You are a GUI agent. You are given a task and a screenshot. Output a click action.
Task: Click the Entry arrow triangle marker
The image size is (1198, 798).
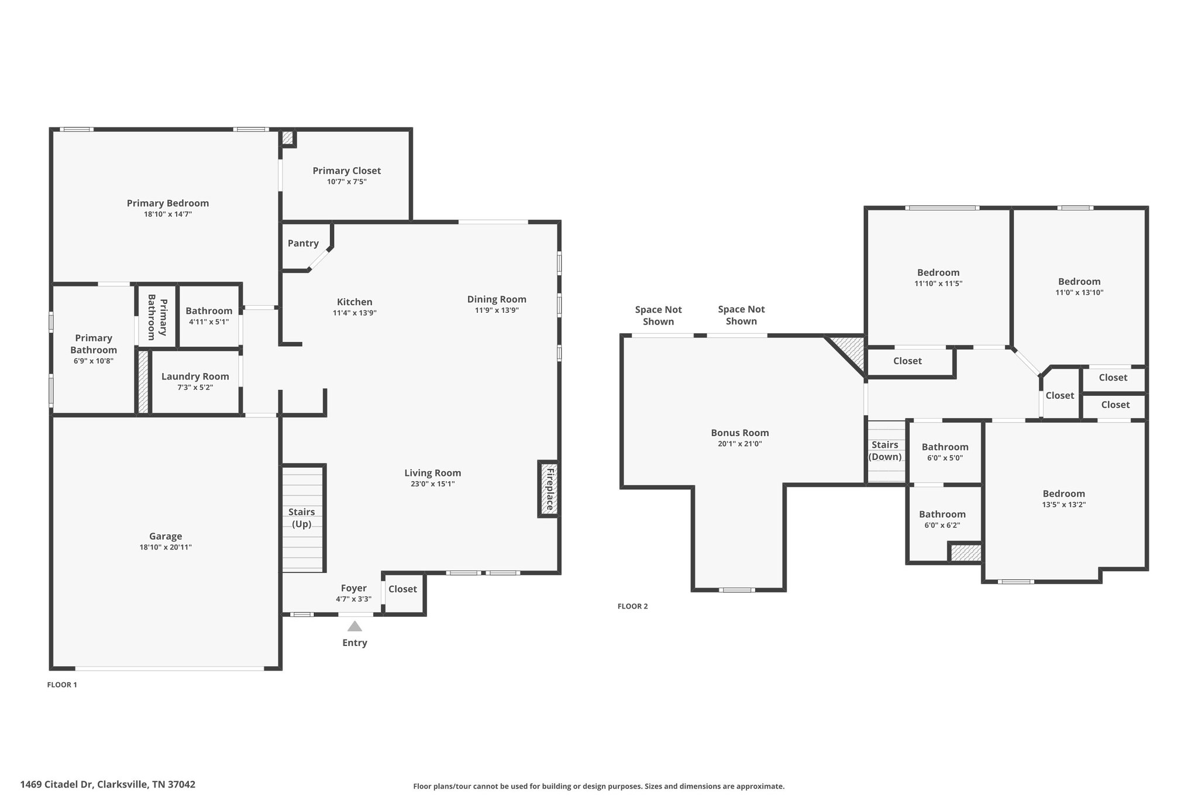(354, 626)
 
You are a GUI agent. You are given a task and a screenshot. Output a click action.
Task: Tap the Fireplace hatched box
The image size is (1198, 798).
(549, 489)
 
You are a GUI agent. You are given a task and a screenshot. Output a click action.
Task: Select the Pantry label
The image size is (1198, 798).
(303, 243)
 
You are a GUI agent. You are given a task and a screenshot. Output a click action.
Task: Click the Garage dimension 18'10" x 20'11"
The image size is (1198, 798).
(166, 547)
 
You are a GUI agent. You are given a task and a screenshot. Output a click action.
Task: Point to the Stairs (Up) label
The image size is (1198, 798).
(301, 518)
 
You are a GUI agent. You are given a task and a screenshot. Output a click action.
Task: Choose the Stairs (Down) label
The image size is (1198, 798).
(885, 451)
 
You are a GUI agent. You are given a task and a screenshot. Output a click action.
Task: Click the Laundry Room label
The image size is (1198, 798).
(195, 376)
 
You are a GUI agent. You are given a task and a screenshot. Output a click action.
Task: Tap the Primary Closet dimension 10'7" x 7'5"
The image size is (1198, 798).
(347, 182)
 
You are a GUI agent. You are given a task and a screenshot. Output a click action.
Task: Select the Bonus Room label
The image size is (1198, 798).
(740, 433)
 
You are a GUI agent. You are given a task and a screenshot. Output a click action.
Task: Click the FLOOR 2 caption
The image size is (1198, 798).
(633, 606)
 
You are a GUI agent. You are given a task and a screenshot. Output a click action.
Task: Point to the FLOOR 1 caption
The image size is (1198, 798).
(62, 685)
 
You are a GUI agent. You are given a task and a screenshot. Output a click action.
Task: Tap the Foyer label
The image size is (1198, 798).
(354, 588)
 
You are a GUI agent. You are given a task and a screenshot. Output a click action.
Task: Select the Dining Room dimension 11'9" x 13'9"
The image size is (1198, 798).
(497, 310)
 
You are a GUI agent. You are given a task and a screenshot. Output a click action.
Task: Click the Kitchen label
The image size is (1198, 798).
(354, 302)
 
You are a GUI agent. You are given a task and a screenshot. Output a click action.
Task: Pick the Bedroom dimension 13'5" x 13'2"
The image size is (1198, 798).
(1064, 505)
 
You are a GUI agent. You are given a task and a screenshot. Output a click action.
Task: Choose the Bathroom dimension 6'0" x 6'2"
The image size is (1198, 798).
(942, 525)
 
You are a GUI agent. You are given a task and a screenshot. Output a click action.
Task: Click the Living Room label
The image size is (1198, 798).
(433, 473)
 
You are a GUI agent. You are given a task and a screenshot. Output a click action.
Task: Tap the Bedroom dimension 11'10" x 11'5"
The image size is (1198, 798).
(938, 284)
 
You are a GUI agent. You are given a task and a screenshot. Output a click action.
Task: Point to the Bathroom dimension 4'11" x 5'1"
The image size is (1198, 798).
(209, 322)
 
